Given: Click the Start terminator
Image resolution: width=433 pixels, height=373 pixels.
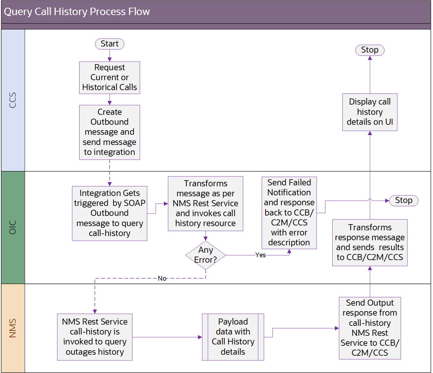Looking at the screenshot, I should [x=109, y=44].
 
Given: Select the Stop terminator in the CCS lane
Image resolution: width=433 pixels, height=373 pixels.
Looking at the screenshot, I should [x=369, y=50].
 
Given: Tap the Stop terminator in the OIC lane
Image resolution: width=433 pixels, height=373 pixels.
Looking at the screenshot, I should [x=403, y=200].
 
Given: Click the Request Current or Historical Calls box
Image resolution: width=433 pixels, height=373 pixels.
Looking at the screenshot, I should [x=109, y=78].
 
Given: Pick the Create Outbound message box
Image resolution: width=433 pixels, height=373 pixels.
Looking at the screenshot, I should [x=109, y=132].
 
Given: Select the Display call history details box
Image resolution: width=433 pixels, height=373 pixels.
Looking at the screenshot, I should [x=369, y=112].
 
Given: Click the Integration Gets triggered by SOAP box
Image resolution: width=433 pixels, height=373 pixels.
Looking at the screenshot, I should [x=109, y=213].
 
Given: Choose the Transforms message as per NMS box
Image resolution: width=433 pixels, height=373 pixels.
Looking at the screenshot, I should [x=205, y=203].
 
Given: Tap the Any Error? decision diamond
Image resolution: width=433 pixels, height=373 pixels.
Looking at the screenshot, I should [x=205, y=255].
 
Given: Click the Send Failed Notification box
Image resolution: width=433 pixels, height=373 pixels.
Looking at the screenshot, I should [x=289, y=213].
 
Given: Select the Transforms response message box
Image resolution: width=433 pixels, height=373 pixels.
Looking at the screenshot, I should [x=369, y=242].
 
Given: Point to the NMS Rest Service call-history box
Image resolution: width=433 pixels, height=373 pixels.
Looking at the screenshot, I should [x=95, y=337].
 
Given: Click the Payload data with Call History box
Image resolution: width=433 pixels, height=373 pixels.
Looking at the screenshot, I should [x=233, y=337].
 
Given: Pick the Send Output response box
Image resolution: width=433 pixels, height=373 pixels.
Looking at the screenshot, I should [x=369, y=328].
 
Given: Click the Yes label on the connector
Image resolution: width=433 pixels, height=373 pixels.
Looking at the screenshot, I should [x=260, y=255].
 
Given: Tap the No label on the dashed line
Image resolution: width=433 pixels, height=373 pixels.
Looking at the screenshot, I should [x=162, y=278].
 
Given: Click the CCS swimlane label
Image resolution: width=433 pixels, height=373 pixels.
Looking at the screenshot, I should [x=13, y=100].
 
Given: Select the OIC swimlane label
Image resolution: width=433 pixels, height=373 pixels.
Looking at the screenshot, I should [x=13, y=227].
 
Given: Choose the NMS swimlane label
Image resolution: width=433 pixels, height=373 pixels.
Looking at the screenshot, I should [x=13, y=328].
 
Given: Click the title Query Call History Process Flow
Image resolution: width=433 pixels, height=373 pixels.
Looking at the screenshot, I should [x=77, y=12].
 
